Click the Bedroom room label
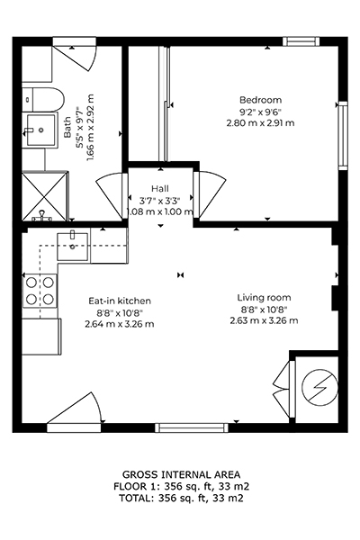click(x=260, y=100)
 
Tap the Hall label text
click(x=160, y=189)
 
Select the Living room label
click(x=264, y=298)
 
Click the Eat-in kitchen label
click(x=120, y=301)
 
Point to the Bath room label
click(x=67, y=127)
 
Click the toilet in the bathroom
click(x=43, y=100)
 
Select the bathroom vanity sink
click(x=40, y=130)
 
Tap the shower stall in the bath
click(x=45, y=195)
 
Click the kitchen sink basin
click(x=72, y=247)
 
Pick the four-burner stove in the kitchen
click(x=40, y=291)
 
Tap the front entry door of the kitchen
click(x=75, y=411)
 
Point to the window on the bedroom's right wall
click(x=343, y=135)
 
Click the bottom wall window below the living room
click(x=192, y=427)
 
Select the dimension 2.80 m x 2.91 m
click(x=260, y=123)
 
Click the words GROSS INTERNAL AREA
click(x=181, y=474)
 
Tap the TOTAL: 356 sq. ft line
click(x=181, y=498)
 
